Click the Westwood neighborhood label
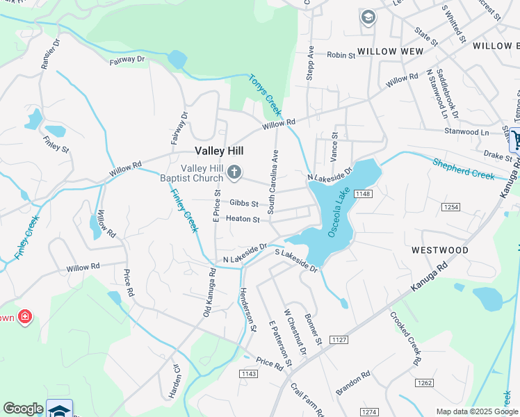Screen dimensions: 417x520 coord(439,250)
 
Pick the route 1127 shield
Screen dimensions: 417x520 coord(339,340)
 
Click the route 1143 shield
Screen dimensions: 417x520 coord(248,374)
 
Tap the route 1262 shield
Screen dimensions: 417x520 coord(424,383)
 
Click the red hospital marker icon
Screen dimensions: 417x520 coord(25,318)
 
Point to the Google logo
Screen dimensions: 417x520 coord(24,409)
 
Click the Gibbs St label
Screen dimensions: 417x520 coord(244,204)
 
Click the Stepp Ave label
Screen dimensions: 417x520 coord(311,63)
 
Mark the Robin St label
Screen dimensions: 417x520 coord(341,55)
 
